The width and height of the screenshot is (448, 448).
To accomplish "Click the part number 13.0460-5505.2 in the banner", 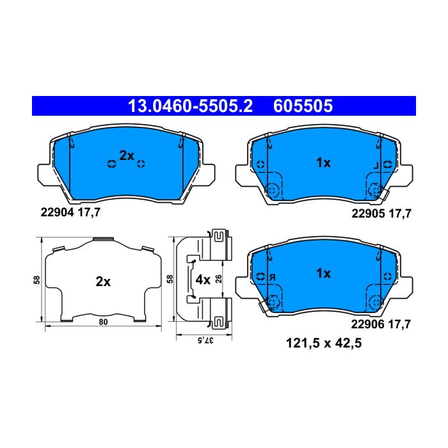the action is click(x=190, y=106).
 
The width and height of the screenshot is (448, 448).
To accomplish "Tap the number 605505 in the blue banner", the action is click(x=303, y=106).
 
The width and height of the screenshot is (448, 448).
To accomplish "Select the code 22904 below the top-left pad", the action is click(x=58, y=212).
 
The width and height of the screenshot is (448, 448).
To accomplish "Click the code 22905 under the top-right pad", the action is click(x=368, y=213).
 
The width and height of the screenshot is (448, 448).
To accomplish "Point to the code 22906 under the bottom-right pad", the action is click(x=368, y=324).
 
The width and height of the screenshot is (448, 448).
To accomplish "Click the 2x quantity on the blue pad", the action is click(x=127, y=156).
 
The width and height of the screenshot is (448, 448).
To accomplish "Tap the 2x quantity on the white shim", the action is click(x=103, y=282).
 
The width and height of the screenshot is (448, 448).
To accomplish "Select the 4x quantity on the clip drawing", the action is click(x=203, y=280).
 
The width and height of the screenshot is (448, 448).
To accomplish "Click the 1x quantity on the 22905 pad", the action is click(x=323, y=163).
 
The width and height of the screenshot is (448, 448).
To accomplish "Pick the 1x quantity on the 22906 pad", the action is click(x=323, y=273).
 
